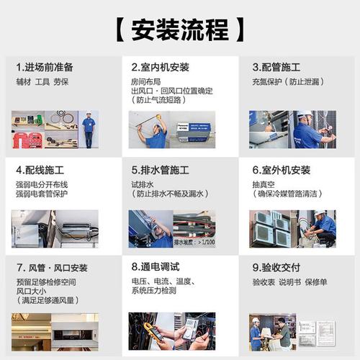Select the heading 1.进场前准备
(45, 67)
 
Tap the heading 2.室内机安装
(160, 67)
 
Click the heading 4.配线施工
(40, 171)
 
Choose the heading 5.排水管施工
(160, 171)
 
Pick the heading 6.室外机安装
(281, 171)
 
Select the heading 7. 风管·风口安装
(51, 268)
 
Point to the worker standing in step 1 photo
(88, 130)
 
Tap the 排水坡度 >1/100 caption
(194, 243)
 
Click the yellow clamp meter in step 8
(150, 333)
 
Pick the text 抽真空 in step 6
(262, 184)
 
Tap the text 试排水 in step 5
(141, 184)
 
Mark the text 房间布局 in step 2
(145, 81)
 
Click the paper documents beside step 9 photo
(316, 332)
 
